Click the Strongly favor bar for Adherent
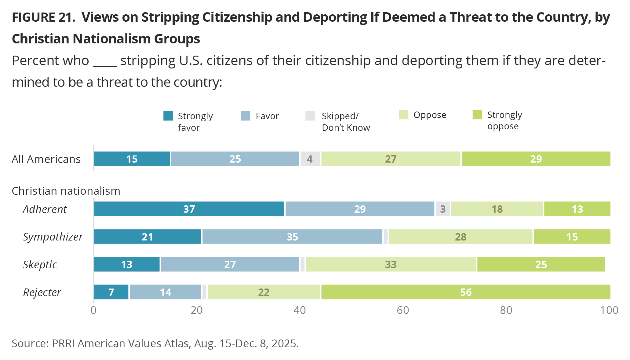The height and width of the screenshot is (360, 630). [189, 209]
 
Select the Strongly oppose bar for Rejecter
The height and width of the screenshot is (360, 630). [466, 292]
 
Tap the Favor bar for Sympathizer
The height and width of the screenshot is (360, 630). [292, 237]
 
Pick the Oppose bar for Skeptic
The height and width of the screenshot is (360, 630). [391, 264]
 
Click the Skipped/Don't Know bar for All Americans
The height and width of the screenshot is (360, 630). [310, 159]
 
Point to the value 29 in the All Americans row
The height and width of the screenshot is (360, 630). [536, 159]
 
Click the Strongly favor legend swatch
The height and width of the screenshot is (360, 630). [168, 116]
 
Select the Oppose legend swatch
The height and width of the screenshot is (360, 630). [403, 115]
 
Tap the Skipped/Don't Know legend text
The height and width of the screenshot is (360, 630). [346, 122]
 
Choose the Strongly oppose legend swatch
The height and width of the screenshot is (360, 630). [477, 115]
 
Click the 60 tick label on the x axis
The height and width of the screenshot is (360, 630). [403, 310]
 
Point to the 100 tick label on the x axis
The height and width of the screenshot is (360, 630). [609, 310]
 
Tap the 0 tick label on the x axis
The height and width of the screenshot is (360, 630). [93, 310]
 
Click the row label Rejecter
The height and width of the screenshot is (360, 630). [42, 292]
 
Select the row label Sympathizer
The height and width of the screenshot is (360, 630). [53, 237]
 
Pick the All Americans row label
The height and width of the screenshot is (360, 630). [46, 159]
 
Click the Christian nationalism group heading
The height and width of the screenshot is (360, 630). [66, 191]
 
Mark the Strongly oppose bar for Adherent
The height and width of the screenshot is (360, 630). [577, 209]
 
